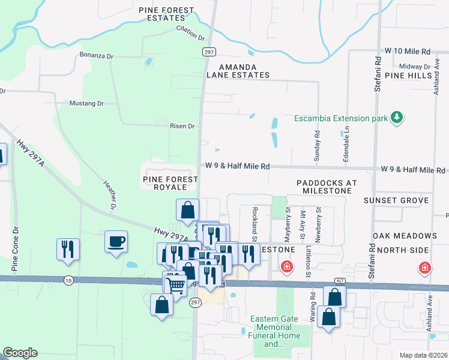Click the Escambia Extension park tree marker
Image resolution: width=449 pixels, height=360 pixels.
click(x=396, y=118)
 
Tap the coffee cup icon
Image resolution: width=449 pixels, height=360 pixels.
click(x=116, y=242)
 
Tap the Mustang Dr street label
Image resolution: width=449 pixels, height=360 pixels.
click(x=86, y=103)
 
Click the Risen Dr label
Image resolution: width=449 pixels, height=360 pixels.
click(x=182, y=126)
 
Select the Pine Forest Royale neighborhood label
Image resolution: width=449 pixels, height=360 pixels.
click(x=170, y=182)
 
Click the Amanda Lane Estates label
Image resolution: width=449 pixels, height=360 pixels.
click(x=238, y=71)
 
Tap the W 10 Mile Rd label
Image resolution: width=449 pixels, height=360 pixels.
click(x=408, y=52)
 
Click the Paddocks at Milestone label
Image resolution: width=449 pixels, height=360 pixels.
click(x=327, y=186)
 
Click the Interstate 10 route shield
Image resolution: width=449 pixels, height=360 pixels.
click(x=68, y=280)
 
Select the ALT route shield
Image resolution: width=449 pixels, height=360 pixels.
click(x=340, y=282)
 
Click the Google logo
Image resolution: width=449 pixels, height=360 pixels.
click(x=20, y=353)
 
